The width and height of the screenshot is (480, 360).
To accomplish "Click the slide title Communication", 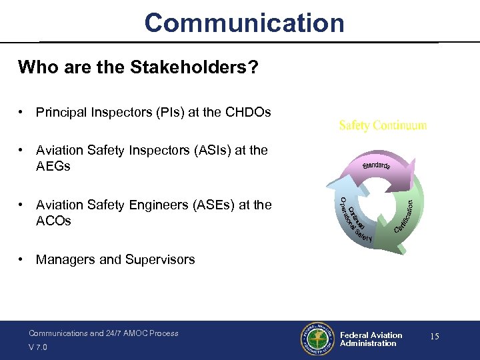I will click(244, 23).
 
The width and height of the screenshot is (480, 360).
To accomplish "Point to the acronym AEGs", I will click(53, 166).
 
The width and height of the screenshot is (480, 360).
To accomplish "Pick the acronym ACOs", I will click(53, 221).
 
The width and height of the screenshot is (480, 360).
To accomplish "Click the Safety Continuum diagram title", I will click(383, 125).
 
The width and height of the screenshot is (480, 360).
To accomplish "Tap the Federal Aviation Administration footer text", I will click(371, 339).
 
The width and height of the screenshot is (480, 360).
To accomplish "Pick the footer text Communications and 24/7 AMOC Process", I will click(103, 333).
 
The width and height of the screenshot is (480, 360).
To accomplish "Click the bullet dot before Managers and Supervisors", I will click(23, 259).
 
